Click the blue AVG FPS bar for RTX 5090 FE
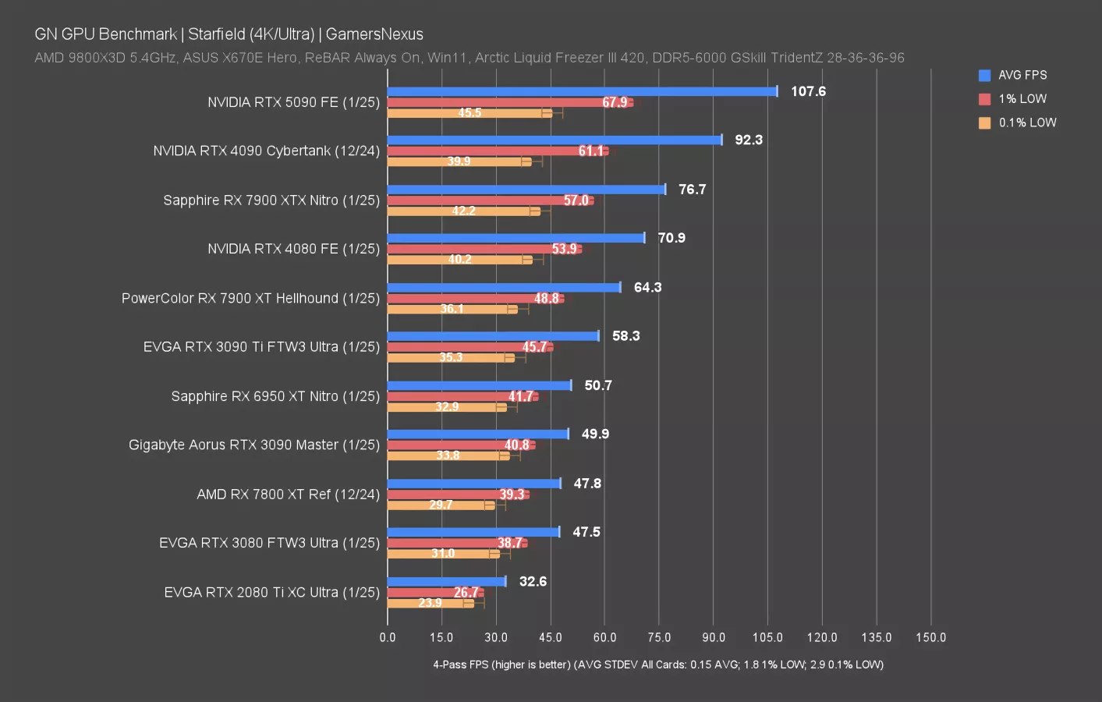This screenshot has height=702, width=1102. tap(582, 91)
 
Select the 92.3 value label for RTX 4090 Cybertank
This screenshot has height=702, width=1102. tap(748, 140)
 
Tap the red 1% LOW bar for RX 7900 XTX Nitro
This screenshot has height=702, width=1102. tap(490, 200)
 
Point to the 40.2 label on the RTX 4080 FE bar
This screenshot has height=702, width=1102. tap(459, 260)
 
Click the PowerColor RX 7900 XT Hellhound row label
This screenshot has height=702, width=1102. tap(250, 298)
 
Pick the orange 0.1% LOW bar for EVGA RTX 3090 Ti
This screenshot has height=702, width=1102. tap(451, 358)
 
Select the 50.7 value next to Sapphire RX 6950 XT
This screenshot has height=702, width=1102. tap(597, 385)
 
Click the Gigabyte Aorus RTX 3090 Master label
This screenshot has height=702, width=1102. tap(253, 445)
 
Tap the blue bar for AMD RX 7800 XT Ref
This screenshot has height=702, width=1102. tap(473, 484)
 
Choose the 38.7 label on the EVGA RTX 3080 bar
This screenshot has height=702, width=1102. tap(509, 543)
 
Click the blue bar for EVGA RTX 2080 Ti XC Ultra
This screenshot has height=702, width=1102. tap(446, 581)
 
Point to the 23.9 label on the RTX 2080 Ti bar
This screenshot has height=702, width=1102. tap(430, 603)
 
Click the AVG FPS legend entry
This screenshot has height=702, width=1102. tap(1022, 75)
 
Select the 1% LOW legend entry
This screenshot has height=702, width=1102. tap(1022, 99)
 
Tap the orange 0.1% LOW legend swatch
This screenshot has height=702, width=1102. tap(984, 122)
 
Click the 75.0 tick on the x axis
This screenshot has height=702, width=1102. tap(658, 637)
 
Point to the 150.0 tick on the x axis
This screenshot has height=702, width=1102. tap(930, 637)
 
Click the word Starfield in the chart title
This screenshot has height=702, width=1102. tap(216, 34)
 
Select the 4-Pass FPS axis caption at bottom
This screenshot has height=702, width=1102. tap(657, 665)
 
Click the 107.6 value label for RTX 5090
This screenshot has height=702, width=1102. tap(807, 91)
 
